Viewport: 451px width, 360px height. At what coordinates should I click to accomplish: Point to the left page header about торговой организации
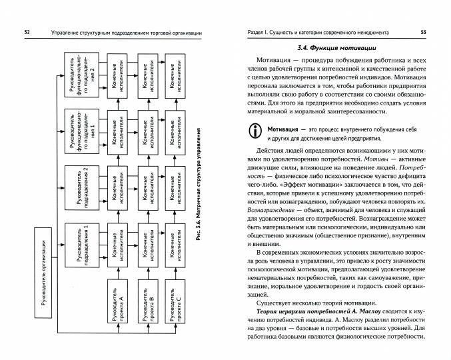pyautogui.click(x=121, y=33)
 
